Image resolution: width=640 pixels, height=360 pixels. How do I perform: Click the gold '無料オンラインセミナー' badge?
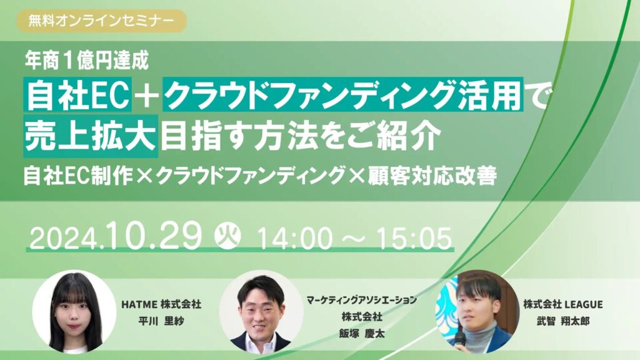(102, 21)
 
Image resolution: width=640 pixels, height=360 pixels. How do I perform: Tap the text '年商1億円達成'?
(86, 61)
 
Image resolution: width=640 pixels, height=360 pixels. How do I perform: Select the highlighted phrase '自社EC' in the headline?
(77, 94)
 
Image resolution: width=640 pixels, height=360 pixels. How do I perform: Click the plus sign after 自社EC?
(147, 95)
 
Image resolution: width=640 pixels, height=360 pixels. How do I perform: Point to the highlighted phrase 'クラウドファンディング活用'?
(343, 94)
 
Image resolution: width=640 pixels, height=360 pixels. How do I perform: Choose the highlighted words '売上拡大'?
(91, 136)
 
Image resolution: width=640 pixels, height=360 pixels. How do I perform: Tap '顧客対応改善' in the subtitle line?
(432, 177)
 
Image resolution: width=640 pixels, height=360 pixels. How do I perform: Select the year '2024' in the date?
(64, 239)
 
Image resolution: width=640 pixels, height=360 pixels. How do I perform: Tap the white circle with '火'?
(227, 236)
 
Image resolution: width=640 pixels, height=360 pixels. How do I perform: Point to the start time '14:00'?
(294, 239)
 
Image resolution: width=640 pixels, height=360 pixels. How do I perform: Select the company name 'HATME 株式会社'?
(161, 304)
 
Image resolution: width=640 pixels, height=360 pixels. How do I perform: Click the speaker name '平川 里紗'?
(161, 321)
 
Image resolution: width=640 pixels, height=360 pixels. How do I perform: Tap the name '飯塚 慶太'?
(362, 334)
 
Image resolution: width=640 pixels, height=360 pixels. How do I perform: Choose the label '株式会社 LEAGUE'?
(563, 304)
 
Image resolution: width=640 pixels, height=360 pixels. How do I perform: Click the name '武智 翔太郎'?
(563, 321)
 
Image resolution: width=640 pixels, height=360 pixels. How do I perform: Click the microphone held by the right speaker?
(459, 339)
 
